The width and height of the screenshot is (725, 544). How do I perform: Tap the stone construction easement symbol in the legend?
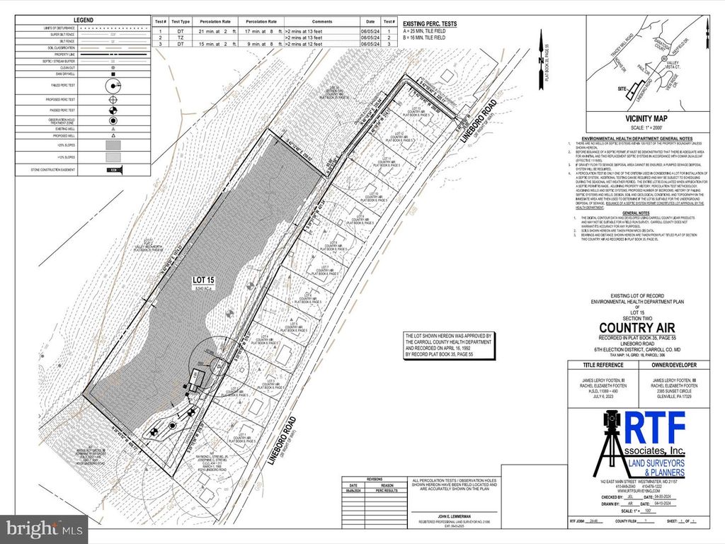pyautogui.click(x=110, y=170)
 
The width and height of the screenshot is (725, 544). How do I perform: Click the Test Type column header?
pyautogui.click(x=181, y=23)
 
